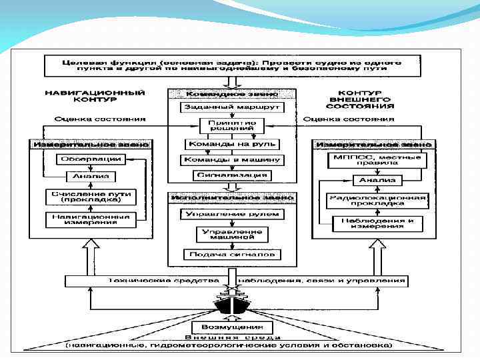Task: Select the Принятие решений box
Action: point(232,126)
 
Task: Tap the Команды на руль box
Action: point(232,143)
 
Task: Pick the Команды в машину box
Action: point(232,160)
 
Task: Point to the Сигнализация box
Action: point(232,175)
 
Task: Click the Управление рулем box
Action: point(232,214)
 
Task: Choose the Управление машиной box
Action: point(232,234)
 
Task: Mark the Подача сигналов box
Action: point(232,255)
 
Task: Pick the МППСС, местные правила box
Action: point(377,161)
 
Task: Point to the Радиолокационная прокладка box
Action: point(377,201)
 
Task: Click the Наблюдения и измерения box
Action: point(377,223)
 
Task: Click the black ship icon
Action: point(231,306)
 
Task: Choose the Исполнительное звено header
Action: point(231,198)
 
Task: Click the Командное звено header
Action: point(231,93)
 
